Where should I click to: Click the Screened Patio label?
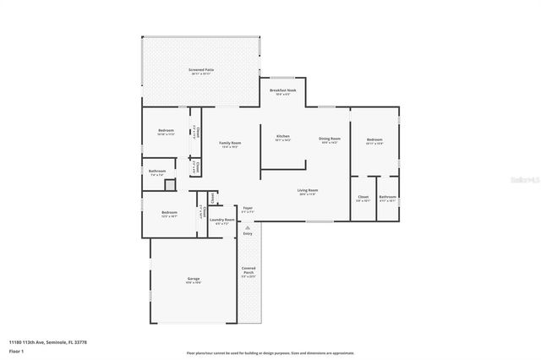(x=200, y=71)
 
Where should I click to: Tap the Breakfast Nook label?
(x=282, y=90)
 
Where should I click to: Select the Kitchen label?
(x=283, y=136)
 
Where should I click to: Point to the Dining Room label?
(x=329, y=139)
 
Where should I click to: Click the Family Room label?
(x=231, y=144)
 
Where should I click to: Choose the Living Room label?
(x=307, y=191)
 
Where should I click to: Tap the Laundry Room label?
(x=222, y=220)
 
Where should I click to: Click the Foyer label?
(x=248, y=209)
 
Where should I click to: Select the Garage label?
(x=193, y=279)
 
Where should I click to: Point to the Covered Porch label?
(x=249, y=271)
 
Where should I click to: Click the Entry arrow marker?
(x=248, y=227)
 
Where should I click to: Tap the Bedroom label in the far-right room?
(x=374, y=139)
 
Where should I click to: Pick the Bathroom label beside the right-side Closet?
(x=388, y=198)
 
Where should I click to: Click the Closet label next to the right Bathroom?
(x=363, y=198)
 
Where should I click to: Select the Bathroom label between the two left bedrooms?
(x=157, y=172)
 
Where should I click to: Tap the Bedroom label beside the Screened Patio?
(x=166, y=131)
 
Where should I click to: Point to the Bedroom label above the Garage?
(x=169, y=213)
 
